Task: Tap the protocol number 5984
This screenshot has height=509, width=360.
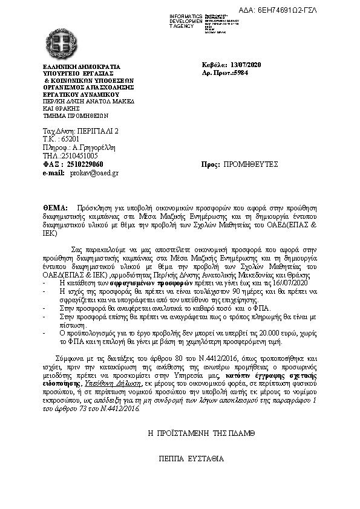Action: [x=240, y=72]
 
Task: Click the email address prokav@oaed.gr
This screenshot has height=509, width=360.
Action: [x=95, y=172]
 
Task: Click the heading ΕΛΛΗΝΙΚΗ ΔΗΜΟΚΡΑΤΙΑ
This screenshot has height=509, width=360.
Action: [x=81, y=67]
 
